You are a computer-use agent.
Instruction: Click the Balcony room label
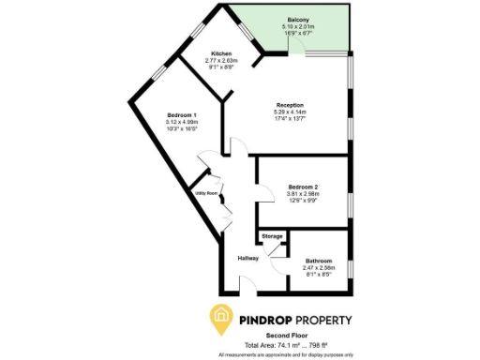point(299,20)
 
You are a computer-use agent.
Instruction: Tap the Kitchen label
point(221,53)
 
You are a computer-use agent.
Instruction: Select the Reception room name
point(289,104)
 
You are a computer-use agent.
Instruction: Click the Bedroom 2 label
point(303,187)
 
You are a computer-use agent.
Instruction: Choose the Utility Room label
point(206,193)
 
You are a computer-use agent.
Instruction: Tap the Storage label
point(272,236)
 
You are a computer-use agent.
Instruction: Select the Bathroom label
point(320,261)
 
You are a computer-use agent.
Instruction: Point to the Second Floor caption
point(289,336)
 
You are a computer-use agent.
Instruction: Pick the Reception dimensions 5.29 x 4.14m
point(289,112)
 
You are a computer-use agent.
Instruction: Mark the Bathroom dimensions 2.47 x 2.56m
point(320,268)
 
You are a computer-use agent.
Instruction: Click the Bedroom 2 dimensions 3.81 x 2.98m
point(303,194)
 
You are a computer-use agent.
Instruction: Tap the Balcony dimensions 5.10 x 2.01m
point(299,26)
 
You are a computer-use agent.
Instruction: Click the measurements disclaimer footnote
point(287,355)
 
